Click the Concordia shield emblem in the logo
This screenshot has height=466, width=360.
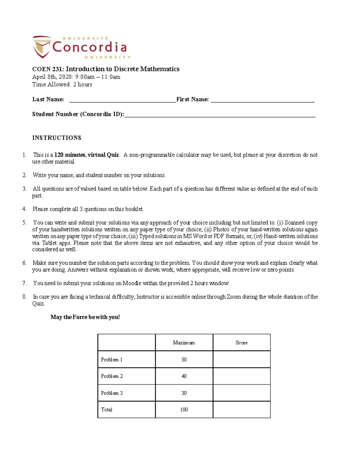coord(42,47)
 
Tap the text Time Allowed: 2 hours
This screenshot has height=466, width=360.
coord(62,85)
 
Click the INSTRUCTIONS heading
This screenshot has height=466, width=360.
coord(57,138)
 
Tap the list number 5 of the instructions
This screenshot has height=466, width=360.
coord(24,223)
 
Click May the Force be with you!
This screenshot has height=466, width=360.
coord(85,317)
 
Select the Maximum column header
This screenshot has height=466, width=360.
coord(184,343)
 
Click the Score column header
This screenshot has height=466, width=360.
coord(241,343)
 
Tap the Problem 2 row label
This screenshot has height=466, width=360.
coord(112,376)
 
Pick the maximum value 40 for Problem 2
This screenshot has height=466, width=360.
coord(184,376)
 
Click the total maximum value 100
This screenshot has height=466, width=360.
coord(184,410)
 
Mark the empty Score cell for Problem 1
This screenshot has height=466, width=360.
coord(241,359)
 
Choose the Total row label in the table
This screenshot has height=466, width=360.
coord(106,410)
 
